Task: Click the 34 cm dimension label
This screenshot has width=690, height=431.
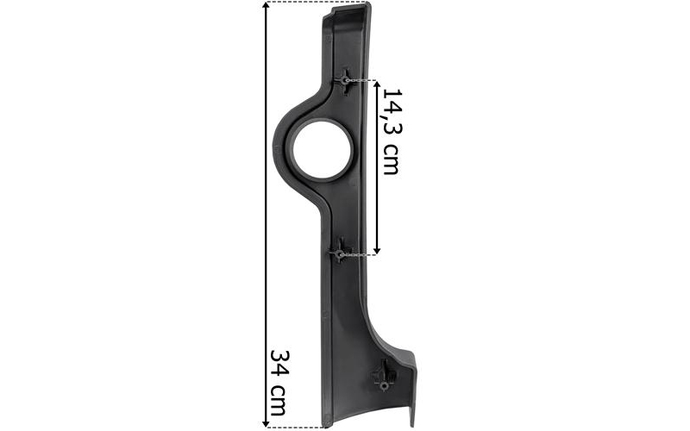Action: pyautogui.click(x=279, y=382)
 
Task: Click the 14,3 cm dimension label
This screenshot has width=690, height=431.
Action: pyautogui.click(x=392, y=131)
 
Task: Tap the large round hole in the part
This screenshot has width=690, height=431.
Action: pyautogui.click(x=323, y=149)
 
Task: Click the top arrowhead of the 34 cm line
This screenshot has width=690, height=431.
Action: pyautogui.click(x=266, y=5)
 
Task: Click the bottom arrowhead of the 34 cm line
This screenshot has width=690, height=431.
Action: pyautogui.click(x=266, y=423)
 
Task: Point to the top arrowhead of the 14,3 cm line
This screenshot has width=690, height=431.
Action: pyautogui.click(x=377, y=84)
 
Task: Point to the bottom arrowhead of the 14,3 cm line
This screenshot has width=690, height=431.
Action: pyautogui.click(x=377, y=250)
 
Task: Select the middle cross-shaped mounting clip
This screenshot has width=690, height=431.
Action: pyautogui.click(x=340, y=251)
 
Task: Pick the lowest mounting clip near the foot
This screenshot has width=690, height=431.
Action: pyautogui.click(x=384, y=376)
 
